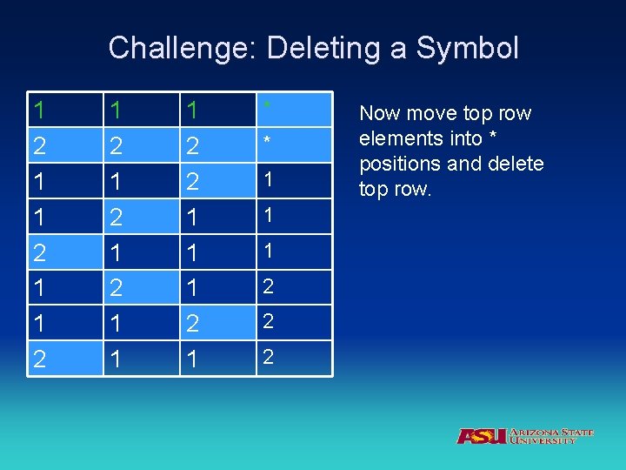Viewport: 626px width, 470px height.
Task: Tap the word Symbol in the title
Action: click(x=468, y=48)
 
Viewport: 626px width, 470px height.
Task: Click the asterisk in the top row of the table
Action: click(x=269, y=107)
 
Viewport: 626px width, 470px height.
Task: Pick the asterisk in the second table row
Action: click(x=269, y=142)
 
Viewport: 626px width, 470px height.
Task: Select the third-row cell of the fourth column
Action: click(x=269, y=179)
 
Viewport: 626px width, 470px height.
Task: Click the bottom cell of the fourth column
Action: click(x=269, y=357)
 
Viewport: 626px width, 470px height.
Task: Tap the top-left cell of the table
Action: click(x=39, y=110)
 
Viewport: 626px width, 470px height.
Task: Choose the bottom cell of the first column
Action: click(x=39, y=359)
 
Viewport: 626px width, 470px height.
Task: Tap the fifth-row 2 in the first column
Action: click(x=39, y=252)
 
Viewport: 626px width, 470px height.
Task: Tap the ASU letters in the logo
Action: click(x=482, y=435)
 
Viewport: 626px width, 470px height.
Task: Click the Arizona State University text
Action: click(x=551, y=436)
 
